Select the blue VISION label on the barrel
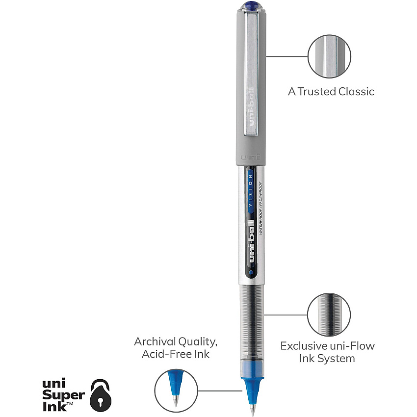pyautogui.click(x=251, y=191)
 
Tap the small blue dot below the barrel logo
pyautogui.click(x=251, y=272)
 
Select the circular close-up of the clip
pyautogui.click(x=330, y=56)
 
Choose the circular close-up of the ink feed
pyautogui.click(x=329, y=314)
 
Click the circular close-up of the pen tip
pyautogui.click(x=176, y=391)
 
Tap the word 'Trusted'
pyautogui.click(x=317, y=92)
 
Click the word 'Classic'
pyautogui.click(x=356, y=92)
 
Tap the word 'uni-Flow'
pyautogui.click(x=352, y=346)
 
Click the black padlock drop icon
pyautogui.click(x=101, y=395)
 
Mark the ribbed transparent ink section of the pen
pyautogui.click(x=252, y=322)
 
